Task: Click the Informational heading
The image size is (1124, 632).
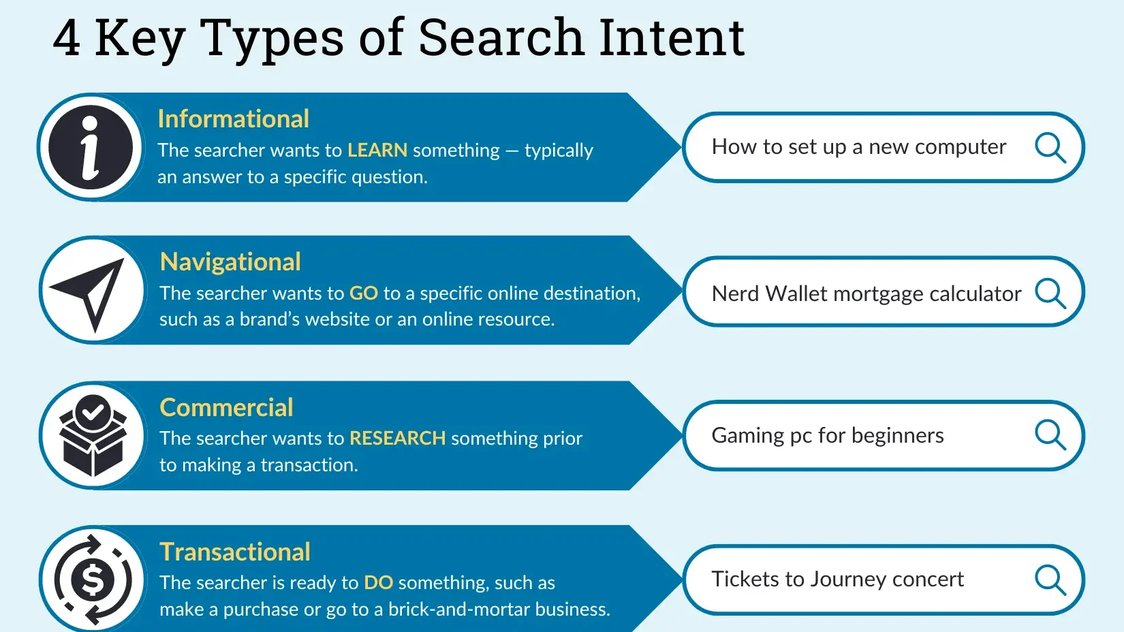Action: [234, 119]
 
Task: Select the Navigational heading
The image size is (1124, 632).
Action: [230, 262]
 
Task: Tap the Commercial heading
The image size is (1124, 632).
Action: [226, 407]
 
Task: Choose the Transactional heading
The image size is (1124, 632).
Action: [235, 552]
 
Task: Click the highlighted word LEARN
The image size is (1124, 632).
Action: [377, 150]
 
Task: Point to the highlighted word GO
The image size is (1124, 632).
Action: [363, 293]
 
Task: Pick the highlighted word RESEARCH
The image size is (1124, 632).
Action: [397, 438]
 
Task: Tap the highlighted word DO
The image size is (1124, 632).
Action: [378, 582]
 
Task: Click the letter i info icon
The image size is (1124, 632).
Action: [91, 147]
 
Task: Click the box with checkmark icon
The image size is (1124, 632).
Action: [93, 435]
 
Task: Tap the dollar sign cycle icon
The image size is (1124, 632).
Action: [93, 580]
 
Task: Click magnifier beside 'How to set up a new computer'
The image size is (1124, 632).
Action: [1050, 148]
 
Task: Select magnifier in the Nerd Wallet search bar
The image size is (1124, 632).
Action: [1050, 293]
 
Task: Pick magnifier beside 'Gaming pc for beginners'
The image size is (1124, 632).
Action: [1050, 435]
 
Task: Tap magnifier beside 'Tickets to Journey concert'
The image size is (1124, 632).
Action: [1050, 580]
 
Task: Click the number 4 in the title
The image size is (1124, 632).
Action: [66, 38]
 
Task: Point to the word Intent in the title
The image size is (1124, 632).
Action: [672, 37]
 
